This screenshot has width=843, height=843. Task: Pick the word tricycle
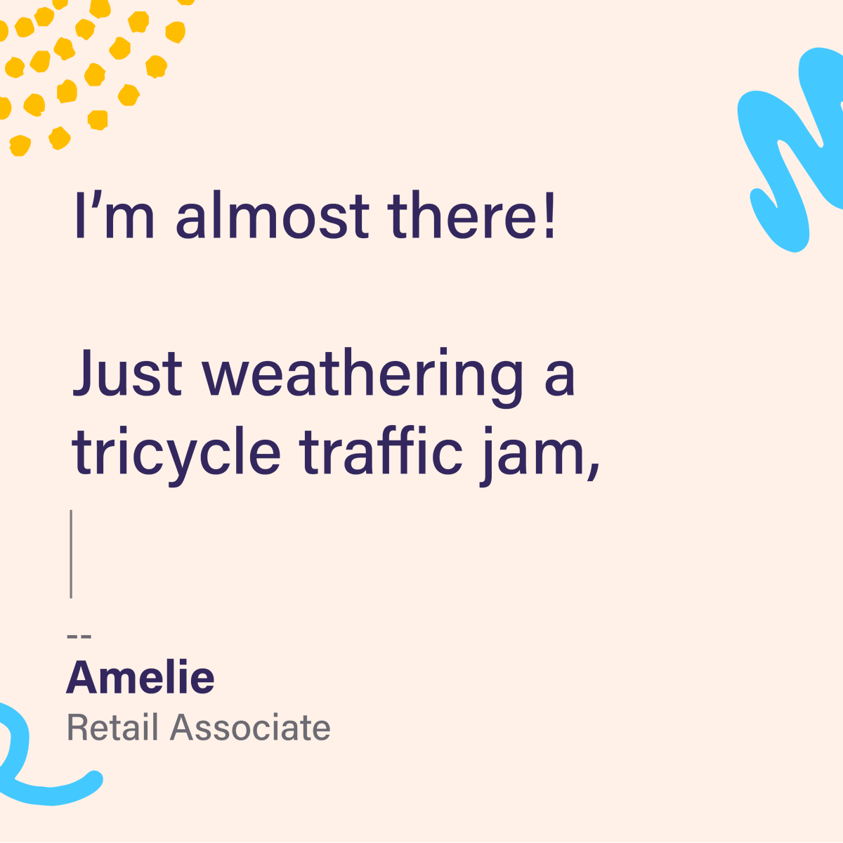(176, 453)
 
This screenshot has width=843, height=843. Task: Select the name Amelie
(140, 677)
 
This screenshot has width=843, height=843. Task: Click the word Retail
(112, 728)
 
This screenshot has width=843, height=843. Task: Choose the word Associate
(250, 728)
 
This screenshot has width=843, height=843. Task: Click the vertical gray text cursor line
(71, 554)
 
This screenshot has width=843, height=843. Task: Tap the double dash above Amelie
(79, 636)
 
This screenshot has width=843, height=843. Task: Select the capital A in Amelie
(83, 677)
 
